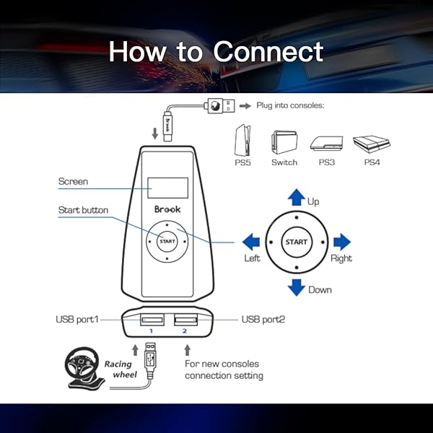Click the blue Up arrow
pos(297,197)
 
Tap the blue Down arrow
pos(297,288)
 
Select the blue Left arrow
pos(250,242)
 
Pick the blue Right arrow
pos(342,242)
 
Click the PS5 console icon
pos(242,140)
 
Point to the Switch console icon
pos(284,142)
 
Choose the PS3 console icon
pos(326,144)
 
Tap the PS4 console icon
pos(372,144)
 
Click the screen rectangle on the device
pos(167,188)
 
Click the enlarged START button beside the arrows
pos(297,242)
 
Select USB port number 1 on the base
pos(152,320)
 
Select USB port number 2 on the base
pos(186,320)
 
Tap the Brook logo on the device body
pos(167,209)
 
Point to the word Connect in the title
pos(268,51)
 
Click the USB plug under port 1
pos(150,359)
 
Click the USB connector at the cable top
pos(219,106)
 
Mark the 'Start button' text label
pos(83,210)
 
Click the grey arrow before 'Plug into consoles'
pos(245,106)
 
